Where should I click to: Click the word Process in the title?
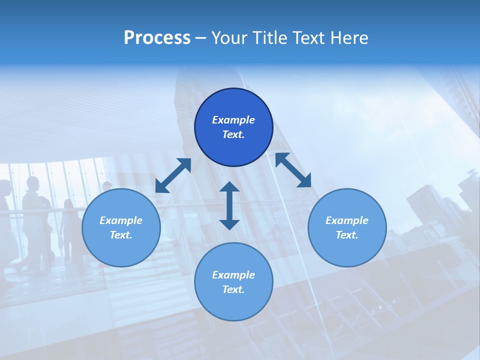157,38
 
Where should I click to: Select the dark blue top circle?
233,127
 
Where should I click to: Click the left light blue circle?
121,228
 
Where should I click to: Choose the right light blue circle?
347,228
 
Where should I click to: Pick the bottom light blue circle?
233,282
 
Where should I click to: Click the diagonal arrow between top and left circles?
173,175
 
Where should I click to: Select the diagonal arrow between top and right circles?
293,170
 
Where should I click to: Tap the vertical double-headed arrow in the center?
229,205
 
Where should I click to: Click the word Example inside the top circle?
233,120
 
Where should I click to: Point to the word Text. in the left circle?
121,235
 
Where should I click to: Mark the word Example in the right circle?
347,220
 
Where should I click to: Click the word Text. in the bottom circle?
233,289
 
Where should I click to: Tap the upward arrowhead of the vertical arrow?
229,187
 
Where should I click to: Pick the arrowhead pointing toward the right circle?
304,181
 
